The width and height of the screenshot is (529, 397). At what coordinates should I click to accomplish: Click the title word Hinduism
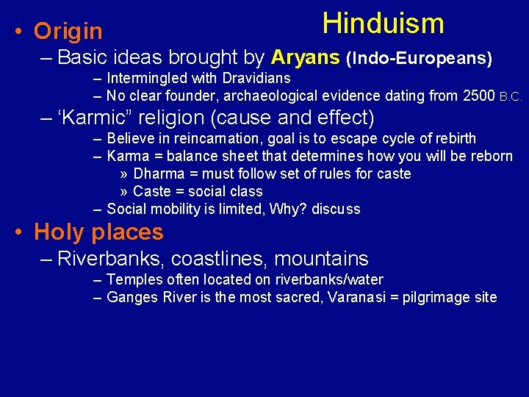coord(383,24)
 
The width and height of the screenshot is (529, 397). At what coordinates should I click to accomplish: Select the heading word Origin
coord(68,32)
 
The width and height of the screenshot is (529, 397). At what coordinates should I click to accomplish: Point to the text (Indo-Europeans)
coord(419,58)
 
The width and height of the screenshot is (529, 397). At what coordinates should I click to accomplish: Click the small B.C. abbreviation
coord(511,97)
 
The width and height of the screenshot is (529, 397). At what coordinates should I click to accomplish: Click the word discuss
coord(336,210)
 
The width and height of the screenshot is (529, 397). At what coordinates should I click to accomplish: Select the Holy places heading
coord(98,232)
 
